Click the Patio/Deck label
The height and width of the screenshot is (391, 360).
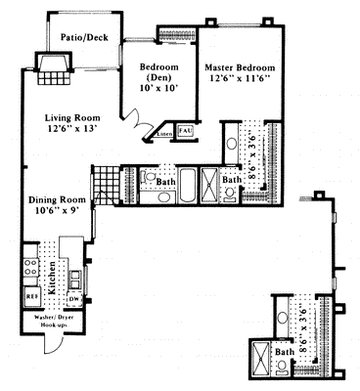84,39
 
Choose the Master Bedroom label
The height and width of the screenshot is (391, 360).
240,69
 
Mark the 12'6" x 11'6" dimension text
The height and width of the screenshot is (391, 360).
240,82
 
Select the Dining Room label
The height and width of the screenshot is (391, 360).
55,201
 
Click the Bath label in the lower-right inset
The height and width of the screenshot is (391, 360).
285,352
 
